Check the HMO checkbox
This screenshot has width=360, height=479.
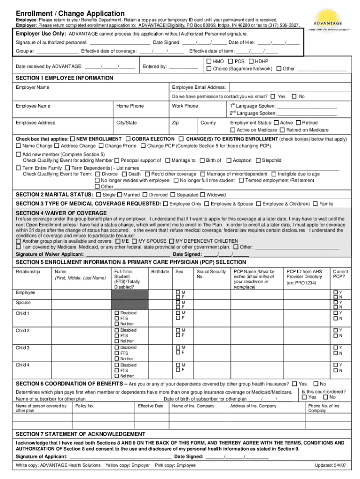(x=209, y=62)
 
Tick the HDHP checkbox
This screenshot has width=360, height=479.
(x=252, y=62)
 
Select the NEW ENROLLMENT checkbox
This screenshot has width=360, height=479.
(x=72, y=139)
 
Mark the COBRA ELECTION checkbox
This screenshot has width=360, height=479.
(x=128, y=139)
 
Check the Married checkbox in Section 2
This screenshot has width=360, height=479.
(x=120, y=195)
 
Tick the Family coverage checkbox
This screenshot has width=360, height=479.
(x=315, y=204)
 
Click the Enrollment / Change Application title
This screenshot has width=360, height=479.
(x=70, y=14)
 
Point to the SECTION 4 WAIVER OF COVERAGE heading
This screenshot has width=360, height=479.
(x=61, y=213)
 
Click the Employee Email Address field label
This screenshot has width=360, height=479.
(x=199, y=87)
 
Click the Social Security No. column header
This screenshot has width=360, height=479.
(x=211, y=274)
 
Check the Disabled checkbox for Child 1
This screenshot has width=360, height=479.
(x=117, y=313)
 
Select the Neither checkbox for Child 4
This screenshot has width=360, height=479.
(x=117, y=376)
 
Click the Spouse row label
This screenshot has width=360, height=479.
(x=24, y=303)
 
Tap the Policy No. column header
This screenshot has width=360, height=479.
(x=85, y=406)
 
